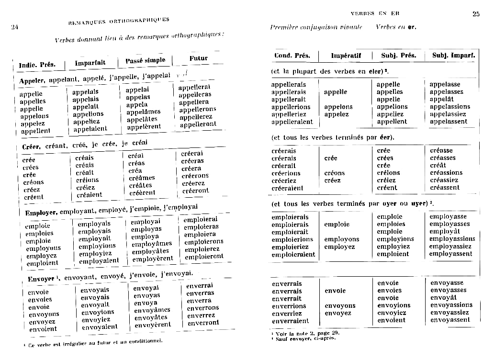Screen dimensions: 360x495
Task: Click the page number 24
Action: (14, 27)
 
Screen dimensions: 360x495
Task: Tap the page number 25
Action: (476, 14)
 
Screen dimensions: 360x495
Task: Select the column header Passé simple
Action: (145, 61)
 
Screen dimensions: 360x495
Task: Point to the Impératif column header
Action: (346, 56)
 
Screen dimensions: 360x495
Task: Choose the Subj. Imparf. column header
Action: (453, 56)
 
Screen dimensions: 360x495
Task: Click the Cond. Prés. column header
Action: (292, 56)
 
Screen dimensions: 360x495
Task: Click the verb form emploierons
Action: (203, 242)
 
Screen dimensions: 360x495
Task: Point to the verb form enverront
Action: (203, 323)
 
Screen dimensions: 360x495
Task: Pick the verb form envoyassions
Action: (452, 305)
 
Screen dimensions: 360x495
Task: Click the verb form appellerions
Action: (291, 107)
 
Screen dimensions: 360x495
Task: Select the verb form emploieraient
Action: (293, 254)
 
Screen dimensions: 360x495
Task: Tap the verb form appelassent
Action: (449, 122)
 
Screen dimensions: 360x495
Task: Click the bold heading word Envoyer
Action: (41, 279)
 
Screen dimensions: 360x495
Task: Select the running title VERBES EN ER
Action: (375, 14)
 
